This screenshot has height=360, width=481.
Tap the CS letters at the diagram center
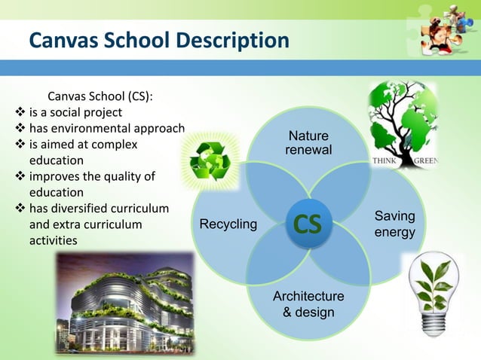click(x=307, y=224)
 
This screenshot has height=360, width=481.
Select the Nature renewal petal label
click(x=308, y=143)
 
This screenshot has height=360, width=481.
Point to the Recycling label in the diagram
click(x=228, y=224)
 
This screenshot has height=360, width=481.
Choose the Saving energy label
click(x=394, y=224)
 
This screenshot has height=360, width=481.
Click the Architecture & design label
click(x=308, y=304)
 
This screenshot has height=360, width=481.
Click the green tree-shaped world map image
click(x=401, y=121)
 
